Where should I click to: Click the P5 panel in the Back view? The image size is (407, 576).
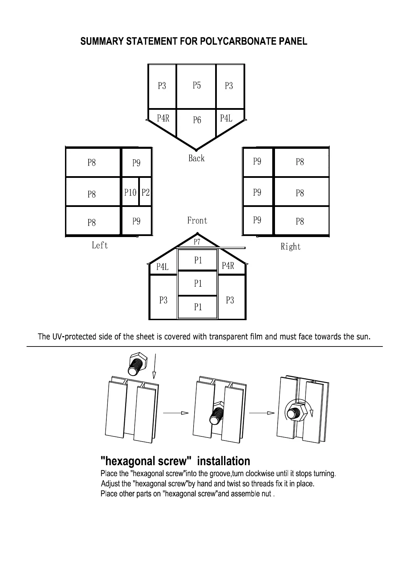(x=196, y=86)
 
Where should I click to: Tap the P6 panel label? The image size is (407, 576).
(x=197, y=120)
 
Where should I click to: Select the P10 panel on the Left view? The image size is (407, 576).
(x=130, y=193)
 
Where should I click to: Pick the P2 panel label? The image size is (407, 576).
(x=146, y=193)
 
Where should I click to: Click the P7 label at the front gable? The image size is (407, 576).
(x=197, y=242)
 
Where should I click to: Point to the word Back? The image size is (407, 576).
(x=196, y=158)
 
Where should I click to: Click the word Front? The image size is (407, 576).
(x=197, y=221)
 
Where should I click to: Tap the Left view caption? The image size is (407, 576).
(x=100, y=246)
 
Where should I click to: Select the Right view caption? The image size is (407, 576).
(x=290, y=247)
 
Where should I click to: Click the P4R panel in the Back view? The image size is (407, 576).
(x=163, y=118)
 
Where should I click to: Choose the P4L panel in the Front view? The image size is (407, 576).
(x=162, y=267)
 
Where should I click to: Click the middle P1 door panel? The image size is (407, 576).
(x=198, y=284)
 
